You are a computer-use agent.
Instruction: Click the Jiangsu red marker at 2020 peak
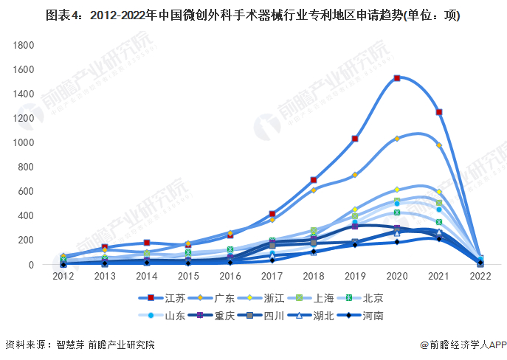[397, 78]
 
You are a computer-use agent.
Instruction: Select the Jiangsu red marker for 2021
[439, 112]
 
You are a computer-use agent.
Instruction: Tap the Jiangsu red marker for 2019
[355, 139]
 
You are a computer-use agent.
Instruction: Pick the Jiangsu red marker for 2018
[314, 180]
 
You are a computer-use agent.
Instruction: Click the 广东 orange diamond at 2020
[397, 139]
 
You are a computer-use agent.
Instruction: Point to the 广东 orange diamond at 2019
[355, 175]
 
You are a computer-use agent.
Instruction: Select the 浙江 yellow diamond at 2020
[397, 190]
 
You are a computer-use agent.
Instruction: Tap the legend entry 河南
[372, 316]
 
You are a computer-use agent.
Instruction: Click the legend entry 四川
[273, 316]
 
